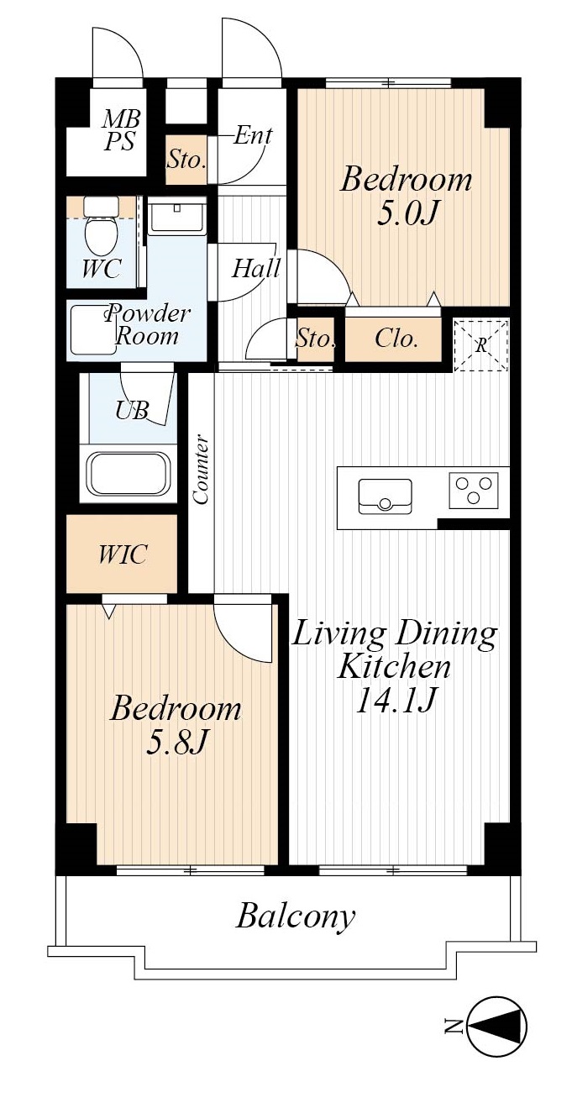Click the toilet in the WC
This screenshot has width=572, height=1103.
[101, 226]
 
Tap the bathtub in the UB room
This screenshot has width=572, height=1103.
[129, 473]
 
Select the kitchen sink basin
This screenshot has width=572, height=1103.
[385, 496]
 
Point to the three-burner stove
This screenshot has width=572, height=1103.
[473, 490]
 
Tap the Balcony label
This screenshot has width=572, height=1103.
[296, 917]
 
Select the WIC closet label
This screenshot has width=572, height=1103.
[122, 554]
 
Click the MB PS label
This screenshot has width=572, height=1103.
[121, 130]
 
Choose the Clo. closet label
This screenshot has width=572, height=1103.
[396, 339]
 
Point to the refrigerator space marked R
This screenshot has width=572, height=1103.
[480, 345]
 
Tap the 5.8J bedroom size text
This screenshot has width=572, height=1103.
[176, 742]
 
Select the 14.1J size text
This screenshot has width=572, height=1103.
[396, 700]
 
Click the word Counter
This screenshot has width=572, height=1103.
[201, 469]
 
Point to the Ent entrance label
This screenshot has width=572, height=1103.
[253, 135]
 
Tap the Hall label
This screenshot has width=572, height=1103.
[256, 268]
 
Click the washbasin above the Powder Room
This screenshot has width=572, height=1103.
[177, 217]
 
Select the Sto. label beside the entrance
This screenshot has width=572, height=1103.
[186, 160]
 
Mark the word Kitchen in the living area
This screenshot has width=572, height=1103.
[394, 667]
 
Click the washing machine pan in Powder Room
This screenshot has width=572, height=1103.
[93, 330]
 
